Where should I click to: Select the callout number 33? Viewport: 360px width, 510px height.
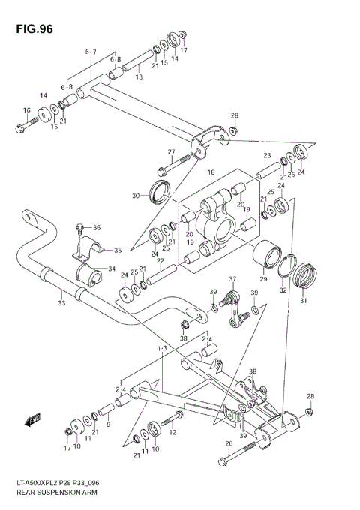click(x=61, y=304)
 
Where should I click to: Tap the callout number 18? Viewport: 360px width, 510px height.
click(x=211, y=172)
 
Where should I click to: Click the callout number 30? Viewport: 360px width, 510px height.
click(x=136, y=196)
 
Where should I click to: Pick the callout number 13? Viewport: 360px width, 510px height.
click(x=138, y=76)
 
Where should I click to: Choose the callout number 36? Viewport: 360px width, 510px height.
click(x=97, y=227)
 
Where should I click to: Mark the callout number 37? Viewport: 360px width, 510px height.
click(x=232, y=279)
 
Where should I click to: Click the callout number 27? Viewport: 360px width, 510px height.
click(x=171, y=152)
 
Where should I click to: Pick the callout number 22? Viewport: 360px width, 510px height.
click(x=160, y=261)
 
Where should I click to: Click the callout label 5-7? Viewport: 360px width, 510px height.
click(x=91, y=52)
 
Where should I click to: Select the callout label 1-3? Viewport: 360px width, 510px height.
click(x=161, y=349)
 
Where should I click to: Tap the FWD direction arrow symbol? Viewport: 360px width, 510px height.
click(x=34, y=421)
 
